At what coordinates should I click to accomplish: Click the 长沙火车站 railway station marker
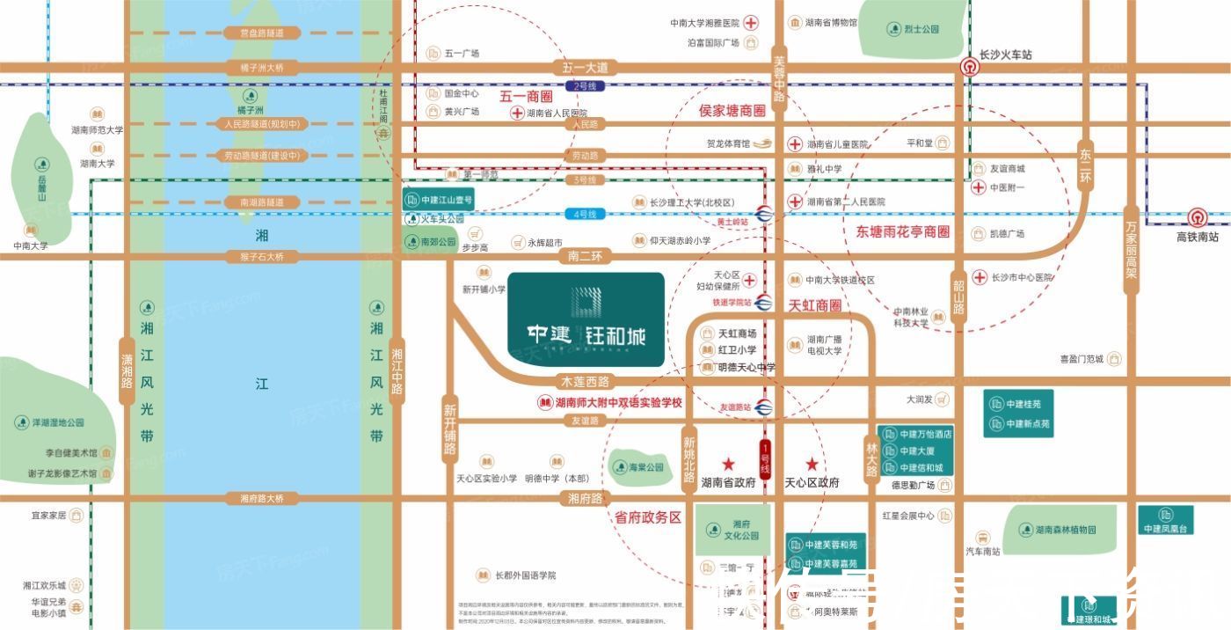pos(969,67)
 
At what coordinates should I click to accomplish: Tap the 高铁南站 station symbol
pos(1197,217)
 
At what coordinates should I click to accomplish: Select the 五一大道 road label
pos(586,68)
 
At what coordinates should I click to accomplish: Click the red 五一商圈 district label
pos(526,96)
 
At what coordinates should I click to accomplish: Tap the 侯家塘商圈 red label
pos(732,111)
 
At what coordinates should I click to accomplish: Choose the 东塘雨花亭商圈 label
pos(903,232)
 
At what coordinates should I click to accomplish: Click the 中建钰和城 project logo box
pos(586,319)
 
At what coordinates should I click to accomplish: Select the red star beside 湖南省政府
pos(728,464)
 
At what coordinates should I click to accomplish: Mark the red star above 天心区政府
pos(812,464)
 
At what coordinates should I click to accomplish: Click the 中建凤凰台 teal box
pos(1166,521)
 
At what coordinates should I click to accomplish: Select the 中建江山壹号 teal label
pos(439,201)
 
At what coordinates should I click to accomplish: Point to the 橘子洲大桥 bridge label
pos(256,68)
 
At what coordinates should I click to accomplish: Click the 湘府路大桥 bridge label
pos(262,499)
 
